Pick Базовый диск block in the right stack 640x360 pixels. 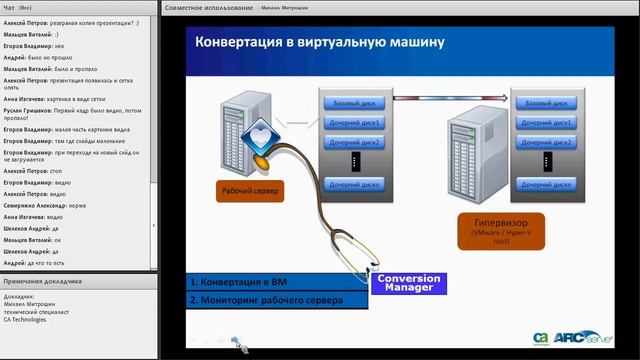[546, 103]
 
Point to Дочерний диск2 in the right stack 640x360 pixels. [546, 143]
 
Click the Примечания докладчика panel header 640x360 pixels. [50, 282]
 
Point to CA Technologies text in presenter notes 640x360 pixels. [29, 319]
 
